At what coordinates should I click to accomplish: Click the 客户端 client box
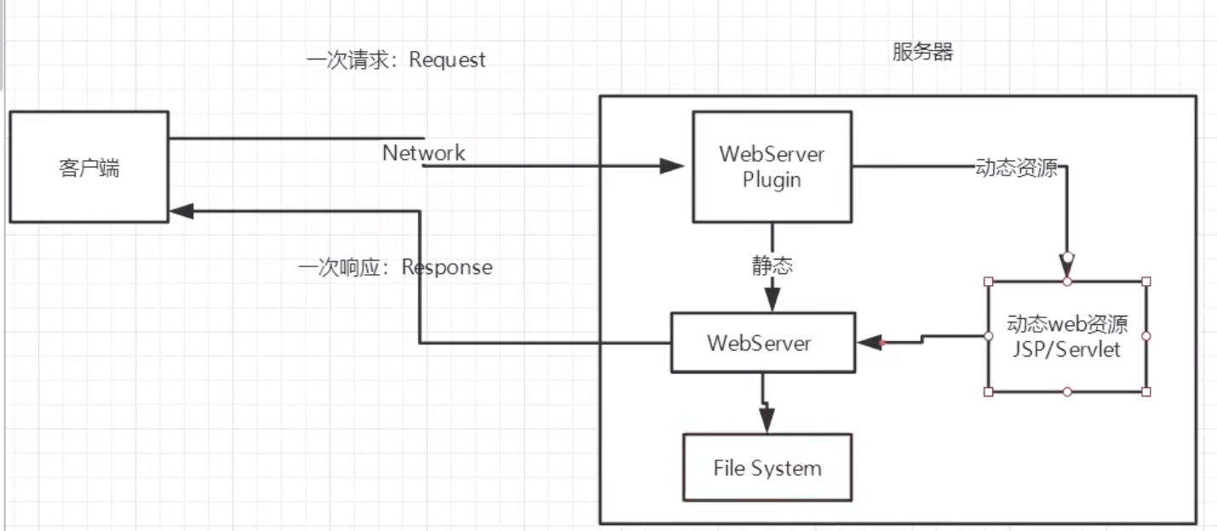89,167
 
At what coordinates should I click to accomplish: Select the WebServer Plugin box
772,167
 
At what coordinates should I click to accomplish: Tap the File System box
767,467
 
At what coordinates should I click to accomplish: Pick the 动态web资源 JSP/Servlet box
1067,336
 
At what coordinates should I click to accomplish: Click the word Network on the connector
423,153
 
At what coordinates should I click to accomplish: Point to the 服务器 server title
922,52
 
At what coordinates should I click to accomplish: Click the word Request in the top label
448,60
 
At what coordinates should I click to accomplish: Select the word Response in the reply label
447,267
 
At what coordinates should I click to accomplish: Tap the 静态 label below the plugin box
772,265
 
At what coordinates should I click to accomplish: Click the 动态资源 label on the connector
1016,168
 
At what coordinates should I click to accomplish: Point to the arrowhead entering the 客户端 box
181,210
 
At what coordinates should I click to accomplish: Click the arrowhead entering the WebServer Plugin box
673,166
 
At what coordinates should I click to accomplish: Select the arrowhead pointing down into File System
767,420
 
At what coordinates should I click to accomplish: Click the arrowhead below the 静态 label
772,299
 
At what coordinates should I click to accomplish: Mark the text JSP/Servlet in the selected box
1067,350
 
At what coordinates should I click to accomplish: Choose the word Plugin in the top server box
772,180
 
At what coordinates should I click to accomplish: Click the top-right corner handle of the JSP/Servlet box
1145,281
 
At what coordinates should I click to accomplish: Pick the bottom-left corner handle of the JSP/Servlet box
989,391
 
